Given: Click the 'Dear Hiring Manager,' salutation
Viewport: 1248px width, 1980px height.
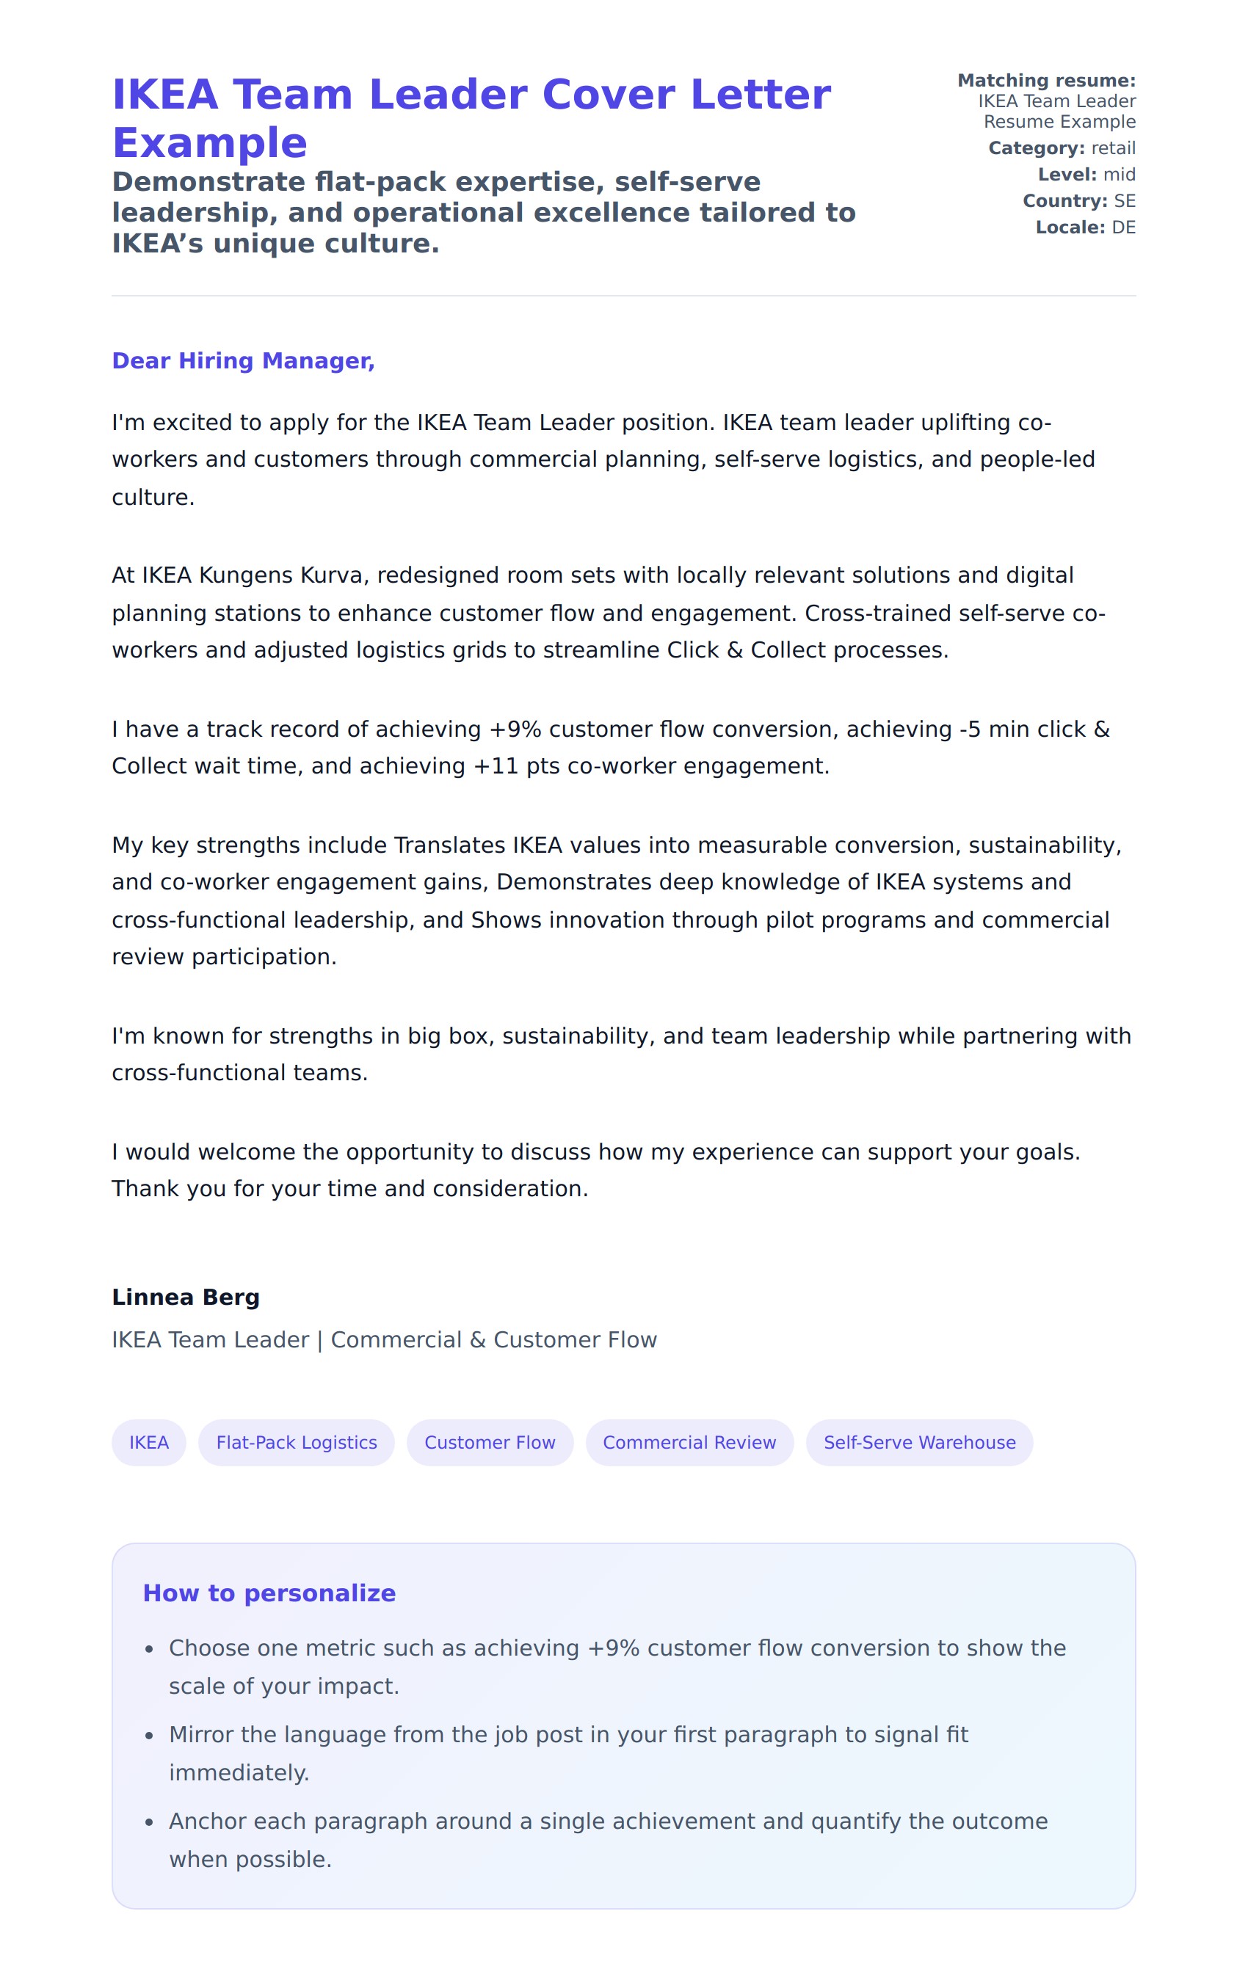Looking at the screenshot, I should coord(243,361).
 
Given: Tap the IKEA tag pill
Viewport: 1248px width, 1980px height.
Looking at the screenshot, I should coord(149,1442).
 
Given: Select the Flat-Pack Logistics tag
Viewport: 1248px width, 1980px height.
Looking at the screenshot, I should coord(296,1442).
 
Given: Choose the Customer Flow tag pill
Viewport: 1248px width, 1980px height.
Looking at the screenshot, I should coord(490,1442).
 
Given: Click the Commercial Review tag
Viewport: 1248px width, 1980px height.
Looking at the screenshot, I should coord(689,1442).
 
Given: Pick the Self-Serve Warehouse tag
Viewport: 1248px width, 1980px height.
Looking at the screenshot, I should coord(919,1442).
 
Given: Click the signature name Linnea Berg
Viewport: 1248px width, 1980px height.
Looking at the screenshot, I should coord(186,1297).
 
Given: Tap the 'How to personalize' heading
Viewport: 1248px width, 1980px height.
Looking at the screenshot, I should coord(269,1593).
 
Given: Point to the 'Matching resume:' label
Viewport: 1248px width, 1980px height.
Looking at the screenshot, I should coord(1045,81).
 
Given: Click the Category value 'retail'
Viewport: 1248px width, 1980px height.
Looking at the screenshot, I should coord(1113,148).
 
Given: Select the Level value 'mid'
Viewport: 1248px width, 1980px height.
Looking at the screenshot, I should coord(1119,175).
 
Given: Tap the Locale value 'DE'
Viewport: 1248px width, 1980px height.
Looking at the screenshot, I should coord(1124,227).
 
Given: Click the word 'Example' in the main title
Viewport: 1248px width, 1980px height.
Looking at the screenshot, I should coord(210,143).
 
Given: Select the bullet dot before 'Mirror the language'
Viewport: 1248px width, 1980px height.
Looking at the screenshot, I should coord(149,1736).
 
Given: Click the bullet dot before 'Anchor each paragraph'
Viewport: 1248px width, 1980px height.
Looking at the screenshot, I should coord(149,1823).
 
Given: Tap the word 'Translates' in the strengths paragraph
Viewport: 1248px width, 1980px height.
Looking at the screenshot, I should coord(449,845).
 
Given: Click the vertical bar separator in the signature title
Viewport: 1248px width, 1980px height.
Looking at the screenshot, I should coord(319,1340).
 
